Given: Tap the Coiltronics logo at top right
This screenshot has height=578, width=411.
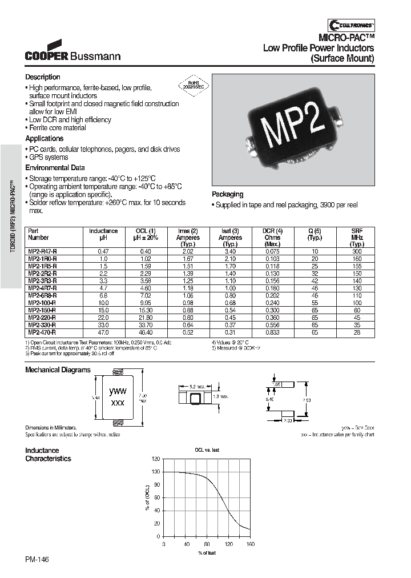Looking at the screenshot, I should click(351, 24).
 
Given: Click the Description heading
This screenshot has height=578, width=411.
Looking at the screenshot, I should click(42, 77).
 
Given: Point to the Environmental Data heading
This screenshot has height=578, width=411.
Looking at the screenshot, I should click(55, 168).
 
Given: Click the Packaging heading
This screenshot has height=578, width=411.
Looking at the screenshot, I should click(227, 194).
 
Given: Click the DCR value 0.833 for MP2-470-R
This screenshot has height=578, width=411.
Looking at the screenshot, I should click(272, 332).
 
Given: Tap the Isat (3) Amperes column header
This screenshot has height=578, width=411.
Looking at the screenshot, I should click(230, 234).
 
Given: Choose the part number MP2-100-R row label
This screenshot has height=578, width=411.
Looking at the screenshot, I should click(42, 302).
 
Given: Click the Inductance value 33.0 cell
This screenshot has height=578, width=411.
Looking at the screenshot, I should click(103, 324).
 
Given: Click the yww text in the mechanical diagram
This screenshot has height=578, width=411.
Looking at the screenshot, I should click(118, 391).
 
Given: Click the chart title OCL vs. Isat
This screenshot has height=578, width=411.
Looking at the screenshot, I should click(207, 450).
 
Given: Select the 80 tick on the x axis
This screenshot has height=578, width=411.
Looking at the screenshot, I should click(207, 544).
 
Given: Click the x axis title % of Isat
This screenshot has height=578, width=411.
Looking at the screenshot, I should click(207, 553).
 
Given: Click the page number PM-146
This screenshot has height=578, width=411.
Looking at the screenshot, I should click(37, 561).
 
